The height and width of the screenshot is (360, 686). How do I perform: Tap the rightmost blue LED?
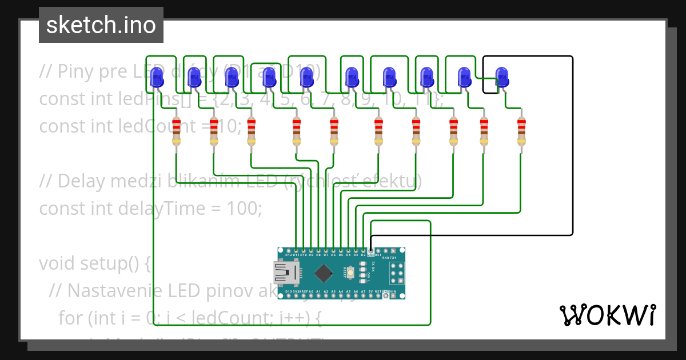[501, 77]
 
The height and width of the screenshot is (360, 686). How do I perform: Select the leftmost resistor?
[176, 132]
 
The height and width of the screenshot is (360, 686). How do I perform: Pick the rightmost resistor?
[521, 132]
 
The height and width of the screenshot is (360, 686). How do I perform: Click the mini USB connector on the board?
[286, 273]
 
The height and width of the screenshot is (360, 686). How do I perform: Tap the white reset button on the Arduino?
[362, 273]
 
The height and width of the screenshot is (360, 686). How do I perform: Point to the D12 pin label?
[288, 255]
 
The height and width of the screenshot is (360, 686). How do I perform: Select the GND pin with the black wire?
[371, 250]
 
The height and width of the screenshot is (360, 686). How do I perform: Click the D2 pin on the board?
[364, 250]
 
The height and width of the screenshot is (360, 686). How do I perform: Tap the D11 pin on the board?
[296, 250]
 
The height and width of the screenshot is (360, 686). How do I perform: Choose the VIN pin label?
[394, 292]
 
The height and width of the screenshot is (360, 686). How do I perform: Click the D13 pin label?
[288, 292]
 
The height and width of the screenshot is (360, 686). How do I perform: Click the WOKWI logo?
[607, 315]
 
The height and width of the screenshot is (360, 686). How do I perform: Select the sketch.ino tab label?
[101, 25]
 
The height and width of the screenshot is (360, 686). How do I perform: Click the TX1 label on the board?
[393, 258]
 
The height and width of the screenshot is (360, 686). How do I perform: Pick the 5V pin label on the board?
[371, 292]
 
